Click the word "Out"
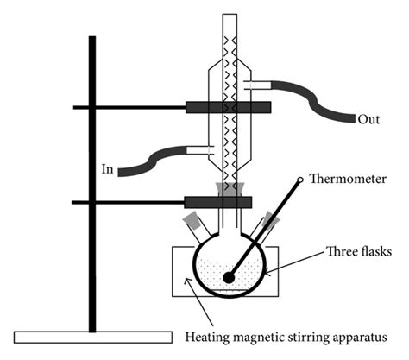tap(368, 119)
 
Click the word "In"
tap(107, 169)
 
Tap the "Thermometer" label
tap(348, 179)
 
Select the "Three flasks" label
tap(359, 251)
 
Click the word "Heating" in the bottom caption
tap(207, 337)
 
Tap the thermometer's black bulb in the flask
tap(229, 277)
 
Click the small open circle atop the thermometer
tap(300, 180)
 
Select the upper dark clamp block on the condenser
tap(228, 107)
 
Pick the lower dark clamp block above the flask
tap(218, 202)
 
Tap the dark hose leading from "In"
tap(152, 161)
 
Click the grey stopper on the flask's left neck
tap(192, 220)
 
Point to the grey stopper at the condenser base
tap(230, 189)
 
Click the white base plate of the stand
tap(93, 338)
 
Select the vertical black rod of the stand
tap(92, 184)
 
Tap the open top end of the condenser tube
tap(230, 15)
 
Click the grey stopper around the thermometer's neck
tap(272, 219)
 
